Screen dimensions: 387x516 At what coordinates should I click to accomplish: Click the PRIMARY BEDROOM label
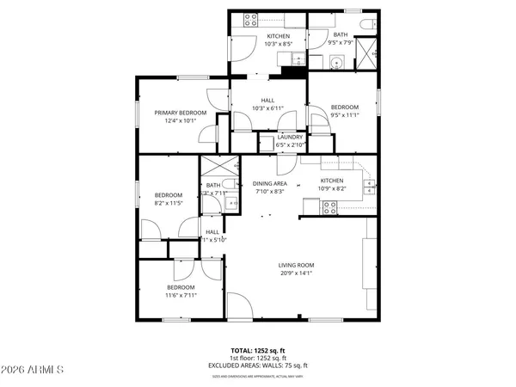[x=180, y=113]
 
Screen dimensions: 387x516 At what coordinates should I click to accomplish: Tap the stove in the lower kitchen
[x=329, y=206]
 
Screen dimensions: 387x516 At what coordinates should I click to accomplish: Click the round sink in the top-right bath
[x=336, y=61]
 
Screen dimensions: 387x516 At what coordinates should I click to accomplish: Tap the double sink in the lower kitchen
[x=369, y=181]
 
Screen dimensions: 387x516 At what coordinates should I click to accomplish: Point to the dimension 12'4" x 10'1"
[x=180, y=121]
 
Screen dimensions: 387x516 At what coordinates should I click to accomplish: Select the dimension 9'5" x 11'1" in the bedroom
[x=343, y=114]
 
